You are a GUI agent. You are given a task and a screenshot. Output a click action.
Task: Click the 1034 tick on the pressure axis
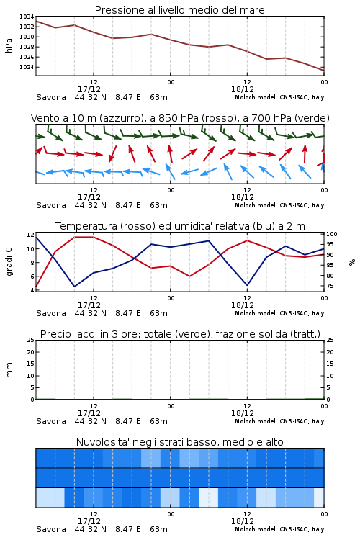27,17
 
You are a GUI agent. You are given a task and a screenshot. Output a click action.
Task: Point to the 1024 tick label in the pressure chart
27,67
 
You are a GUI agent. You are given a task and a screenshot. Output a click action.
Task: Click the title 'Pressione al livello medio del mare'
180,10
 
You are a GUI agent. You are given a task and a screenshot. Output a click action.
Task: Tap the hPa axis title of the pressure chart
9,45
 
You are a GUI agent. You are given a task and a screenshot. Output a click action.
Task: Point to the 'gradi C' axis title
9,262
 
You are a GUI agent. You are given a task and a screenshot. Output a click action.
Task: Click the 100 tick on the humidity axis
332,234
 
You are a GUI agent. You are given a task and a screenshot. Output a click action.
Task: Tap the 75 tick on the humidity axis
330,286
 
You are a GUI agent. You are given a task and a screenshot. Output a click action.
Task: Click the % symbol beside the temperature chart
352,262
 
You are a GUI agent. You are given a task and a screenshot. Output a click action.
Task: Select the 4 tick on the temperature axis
32,290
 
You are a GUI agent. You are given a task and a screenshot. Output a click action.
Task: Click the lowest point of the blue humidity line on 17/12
74,287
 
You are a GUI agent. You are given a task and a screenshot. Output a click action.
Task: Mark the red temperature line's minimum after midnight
189,276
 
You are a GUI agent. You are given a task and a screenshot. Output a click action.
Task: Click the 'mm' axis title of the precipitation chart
9,370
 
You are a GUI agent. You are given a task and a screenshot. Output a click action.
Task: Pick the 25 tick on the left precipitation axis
31,340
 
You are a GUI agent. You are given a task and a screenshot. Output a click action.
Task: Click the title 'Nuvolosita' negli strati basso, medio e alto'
180,442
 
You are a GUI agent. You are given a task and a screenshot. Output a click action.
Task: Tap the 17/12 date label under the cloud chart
89,521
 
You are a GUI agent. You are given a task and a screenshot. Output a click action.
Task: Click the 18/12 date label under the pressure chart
243,89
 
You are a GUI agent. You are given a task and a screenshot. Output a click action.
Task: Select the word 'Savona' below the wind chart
51,205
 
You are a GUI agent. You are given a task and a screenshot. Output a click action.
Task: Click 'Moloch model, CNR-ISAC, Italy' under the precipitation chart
279,421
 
